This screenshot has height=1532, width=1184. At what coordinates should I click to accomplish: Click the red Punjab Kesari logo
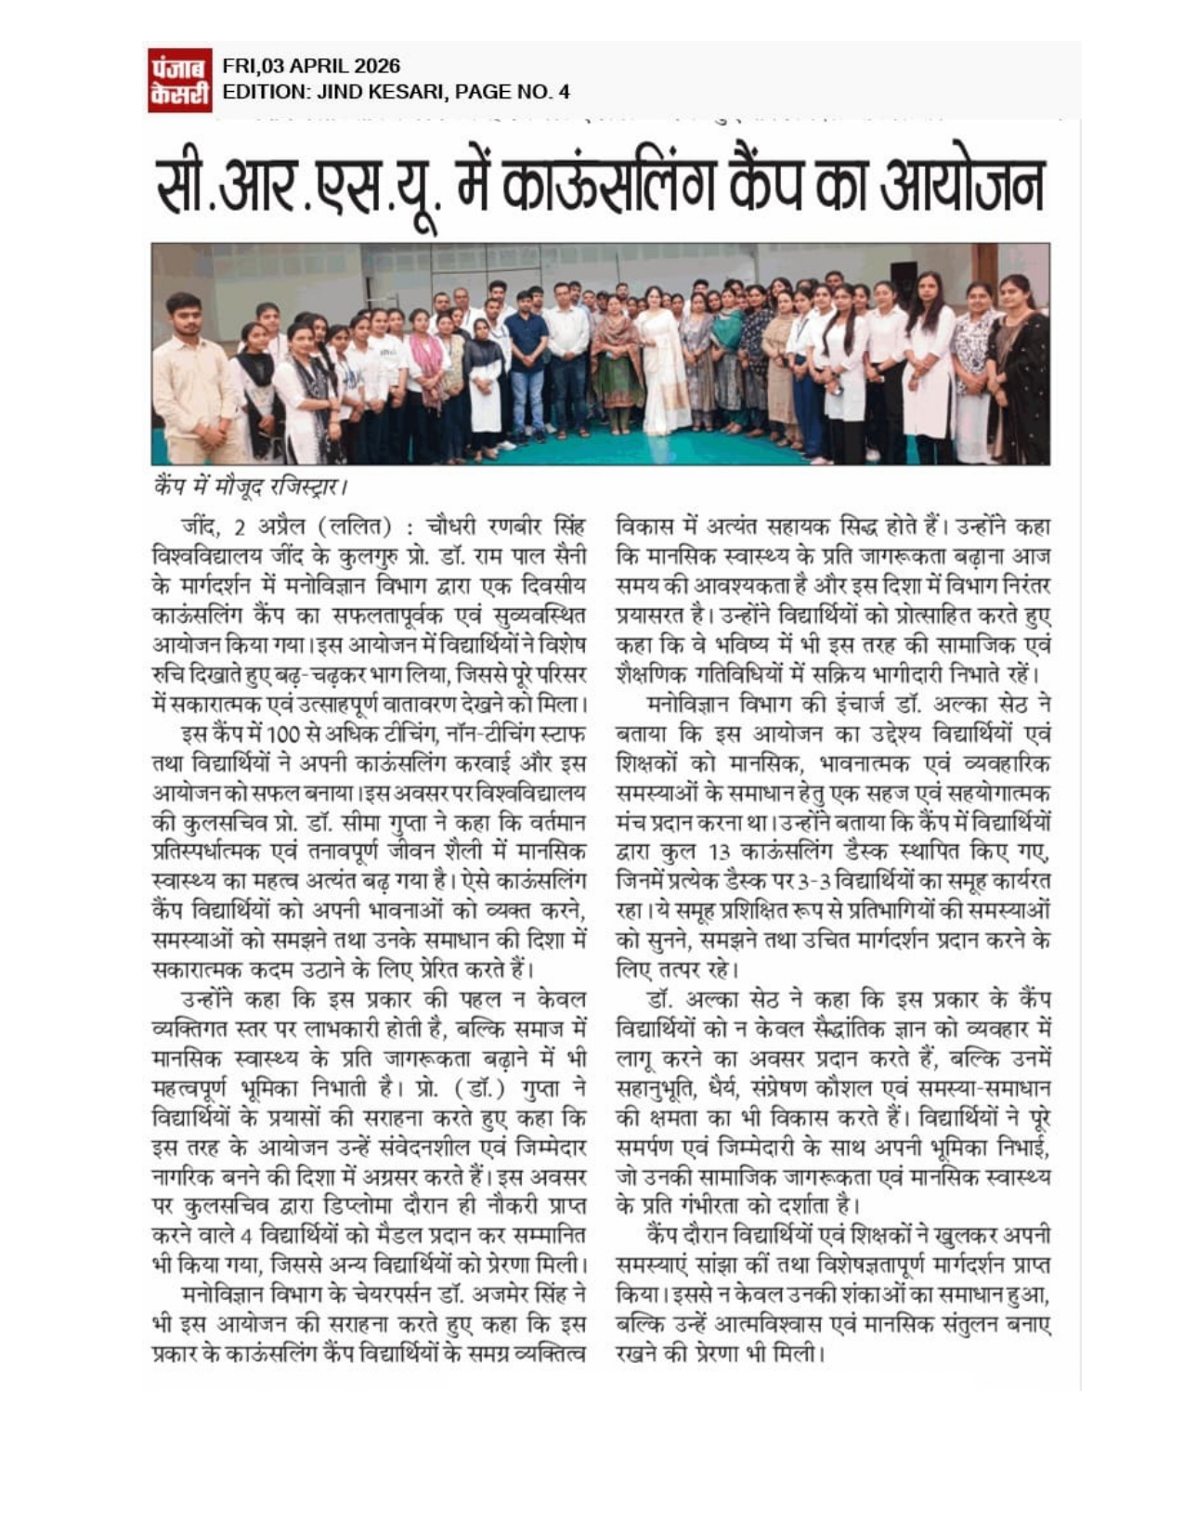[179, 80]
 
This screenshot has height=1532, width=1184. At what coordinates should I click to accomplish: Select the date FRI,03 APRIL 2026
[312, 67]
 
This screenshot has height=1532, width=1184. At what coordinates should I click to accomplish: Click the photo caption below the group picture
[249, 484]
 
